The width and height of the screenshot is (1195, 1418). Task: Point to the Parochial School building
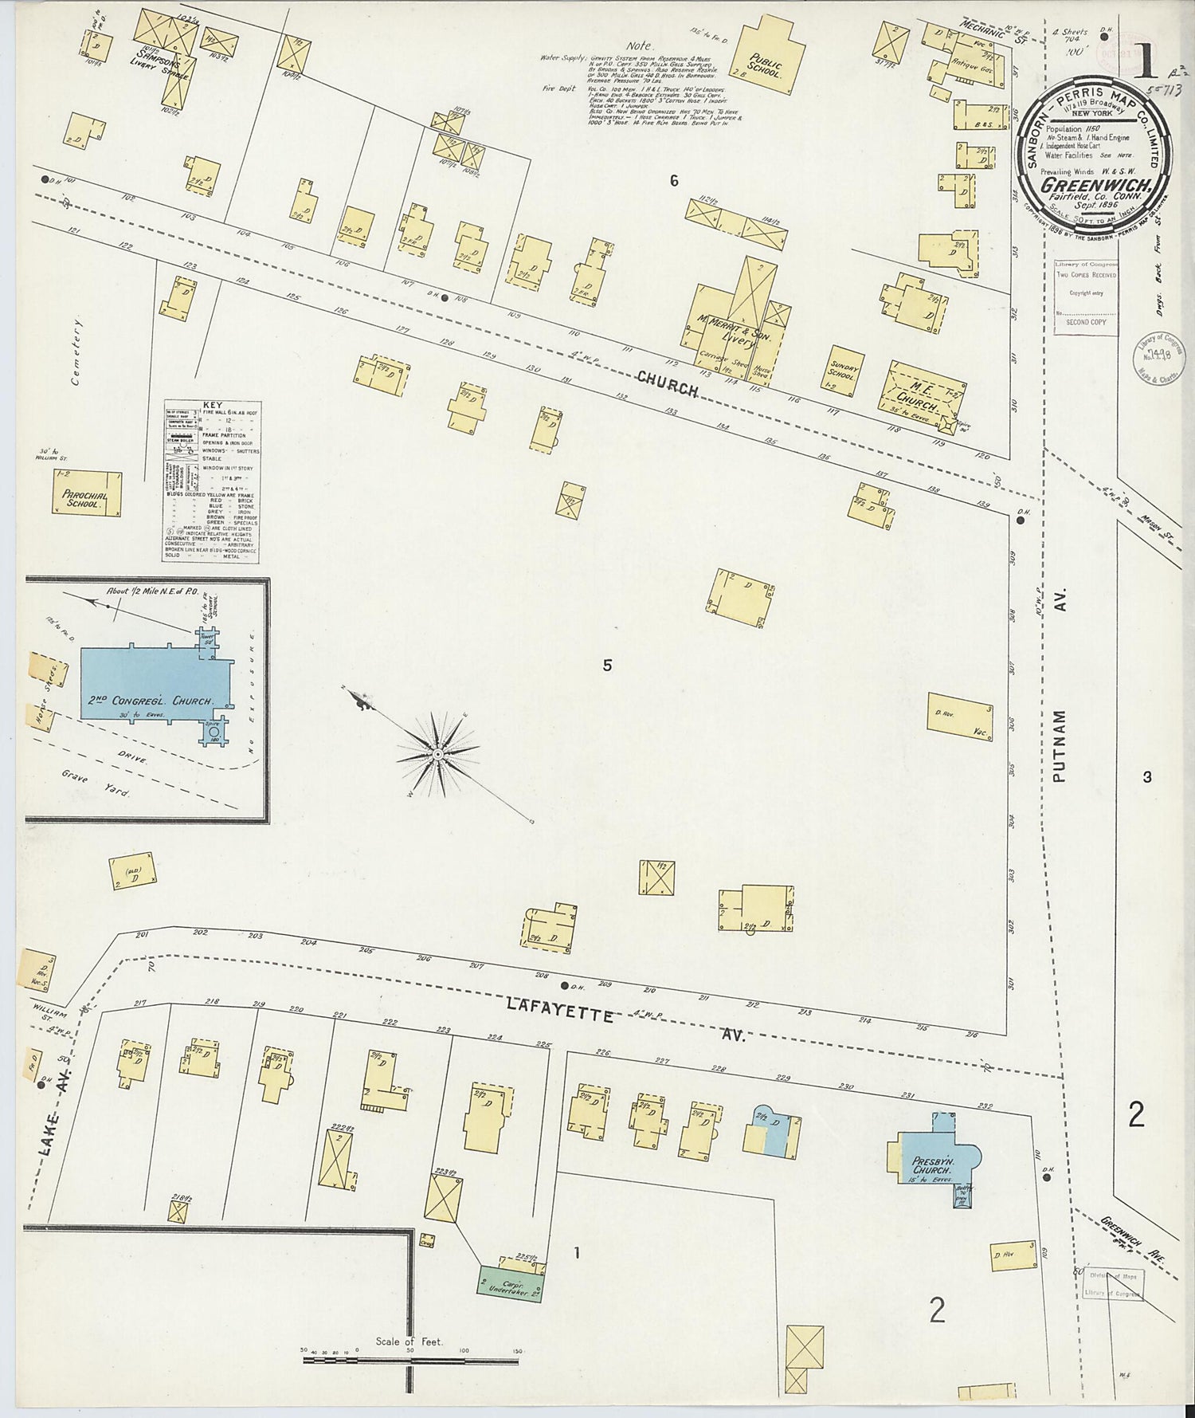[88, 495]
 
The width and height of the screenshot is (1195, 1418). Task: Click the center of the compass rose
[437, 753]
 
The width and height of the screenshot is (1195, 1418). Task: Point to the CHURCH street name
[667, 383]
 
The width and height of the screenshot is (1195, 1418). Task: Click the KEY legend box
[211, 481]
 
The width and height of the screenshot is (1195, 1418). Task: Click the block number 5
[607, 666]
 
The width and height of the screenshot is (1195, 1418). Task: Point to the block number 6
[674, 181]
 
